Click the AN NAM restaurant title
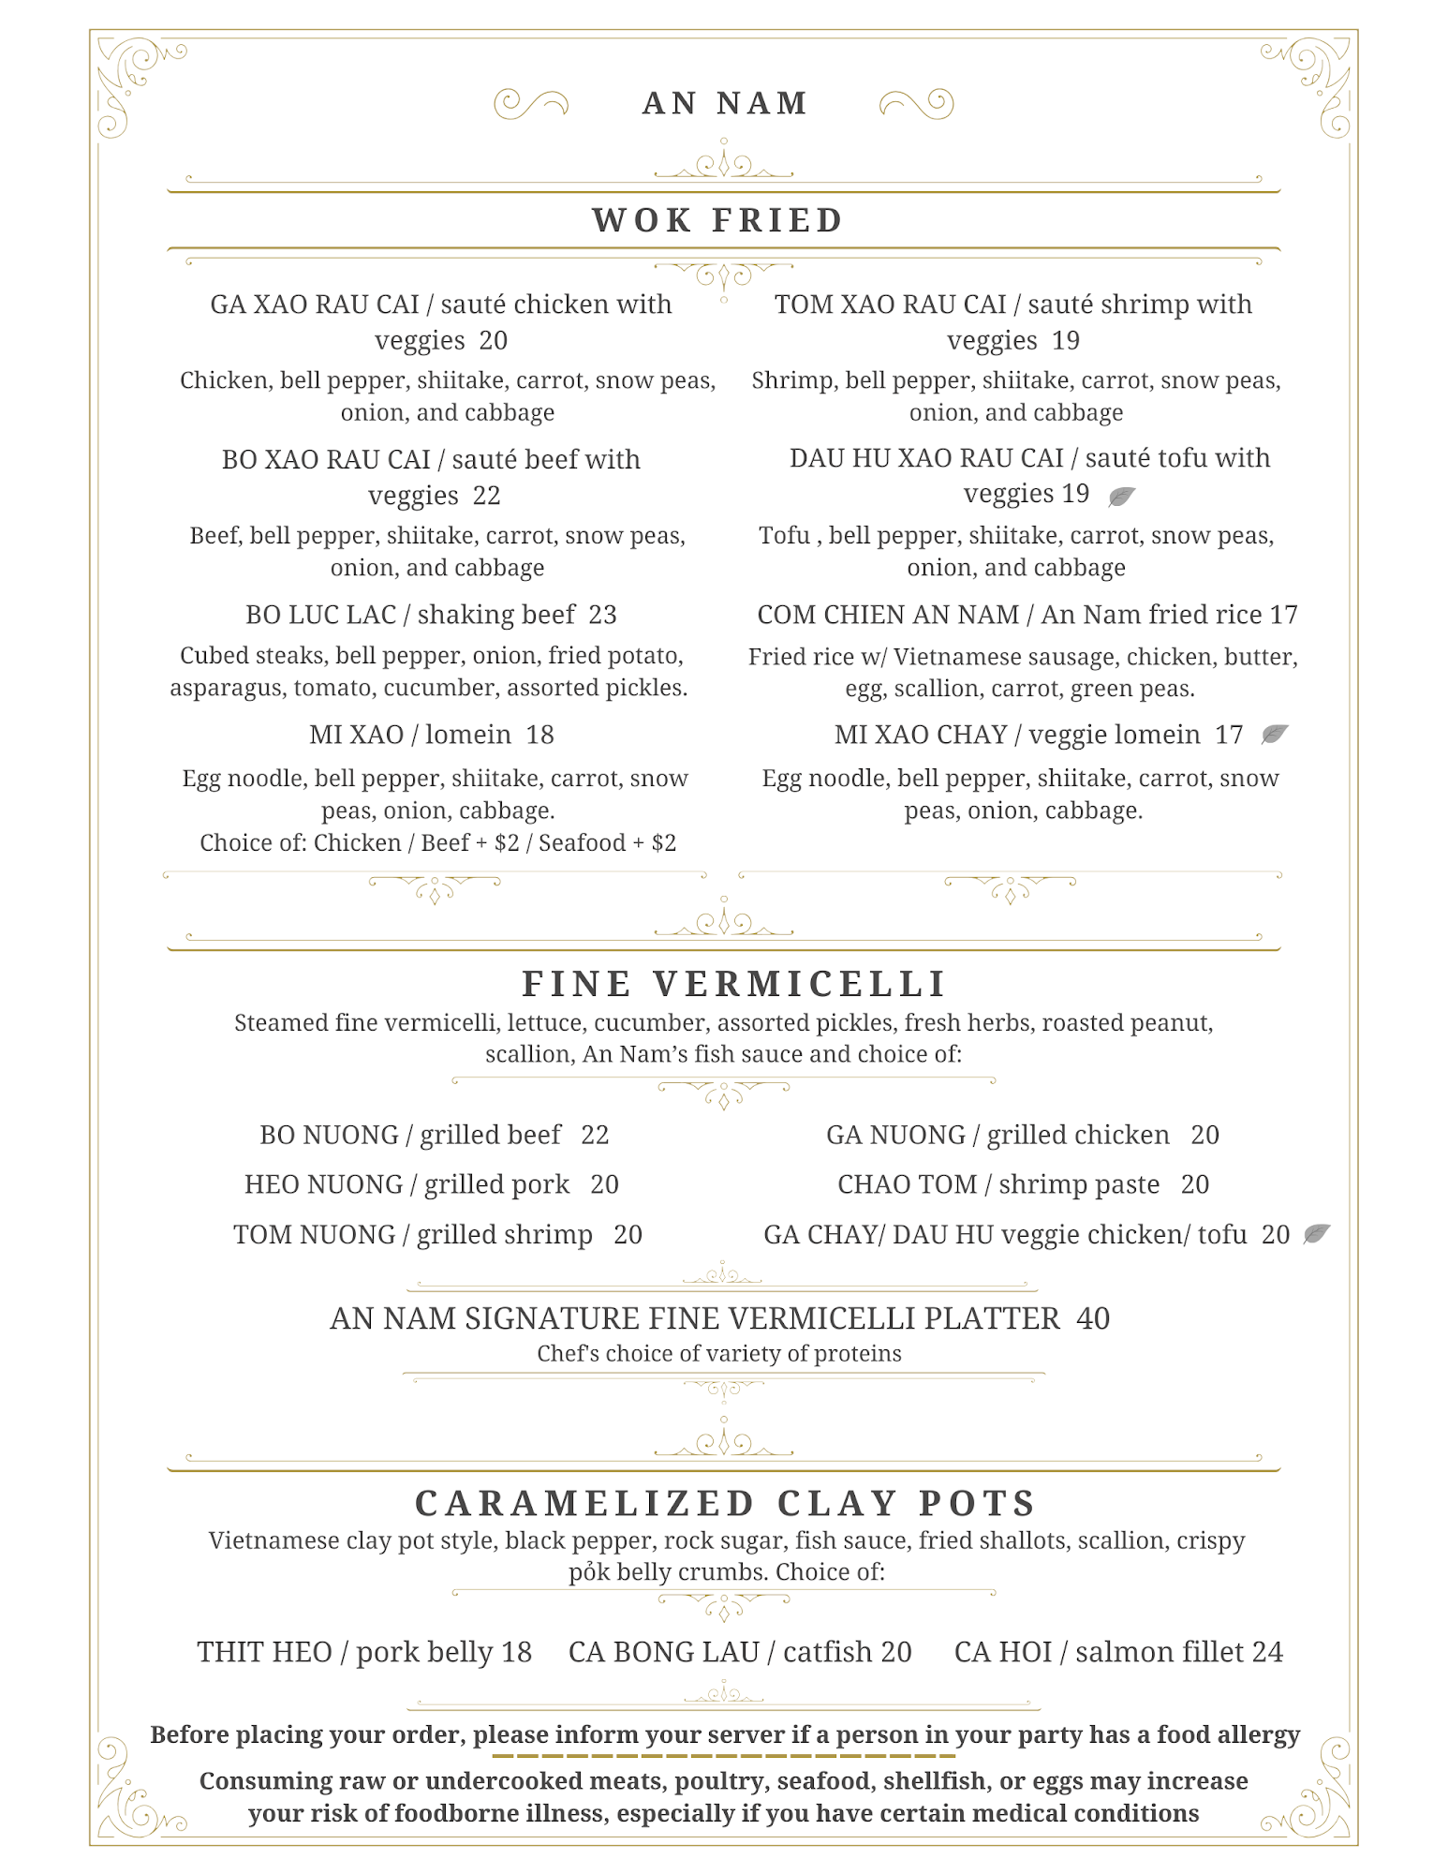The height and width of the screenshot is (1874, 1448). point(724,103)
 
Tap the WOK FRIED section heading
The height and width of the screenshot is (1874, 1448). point(718,220)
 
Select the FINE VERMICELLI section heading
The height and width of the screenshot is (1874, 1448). point(734,984)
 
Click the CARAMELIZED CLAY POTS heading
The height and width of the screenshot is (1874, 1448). point(725,1503)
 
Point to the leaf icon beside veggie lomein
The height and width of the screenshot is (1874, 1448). point(1274,734)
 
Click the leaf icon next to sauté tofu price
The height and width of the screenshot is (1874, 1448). point(1121,496)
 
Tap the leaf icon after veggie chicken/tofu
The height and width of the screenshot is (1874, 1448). point(1316,1234)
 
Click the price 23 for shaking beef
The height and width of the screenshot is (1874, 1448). point(602,615)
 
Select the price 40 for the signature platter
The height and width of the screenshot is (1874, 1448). point(1093,1318)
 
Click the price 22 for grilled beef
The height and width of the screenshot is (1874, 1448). point(595,1135)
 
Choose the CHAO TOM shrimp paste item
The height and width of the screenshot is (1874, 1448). point(1023,1184)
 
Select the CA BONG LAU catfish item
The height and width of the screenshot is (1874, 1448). point(740,1652)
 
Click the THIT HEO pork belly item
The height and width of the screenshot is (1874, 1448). point(364,1652)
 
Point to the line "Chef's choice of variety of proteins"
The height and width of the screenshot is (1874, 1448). point(718,1353)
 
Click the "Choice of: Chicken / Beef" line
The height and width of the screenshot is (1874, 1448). point(437,842)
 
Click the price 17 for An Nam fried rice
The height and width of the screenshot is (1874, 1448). point(1283,615)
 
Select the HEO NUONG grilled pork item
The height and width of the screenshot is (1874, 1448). point(431,1184)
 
